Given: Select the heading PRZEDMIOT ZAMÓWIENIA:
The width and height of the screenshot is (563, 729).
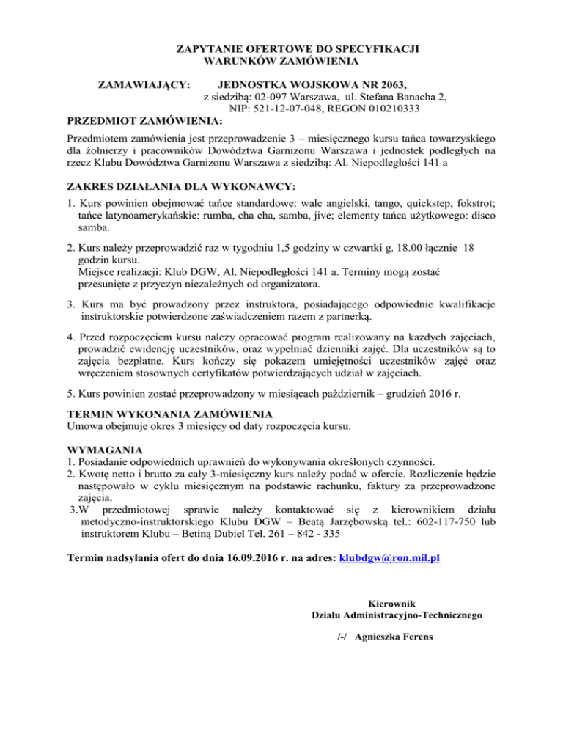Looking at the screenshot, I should tap(144, 120).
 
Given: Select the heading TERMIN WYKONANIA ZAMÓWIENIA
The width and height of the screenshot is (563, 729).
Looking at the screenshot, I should tap(171, 414).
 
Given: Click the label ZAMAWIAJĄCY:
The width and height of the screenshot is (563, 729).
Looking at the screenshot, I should tap(145, 84).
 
